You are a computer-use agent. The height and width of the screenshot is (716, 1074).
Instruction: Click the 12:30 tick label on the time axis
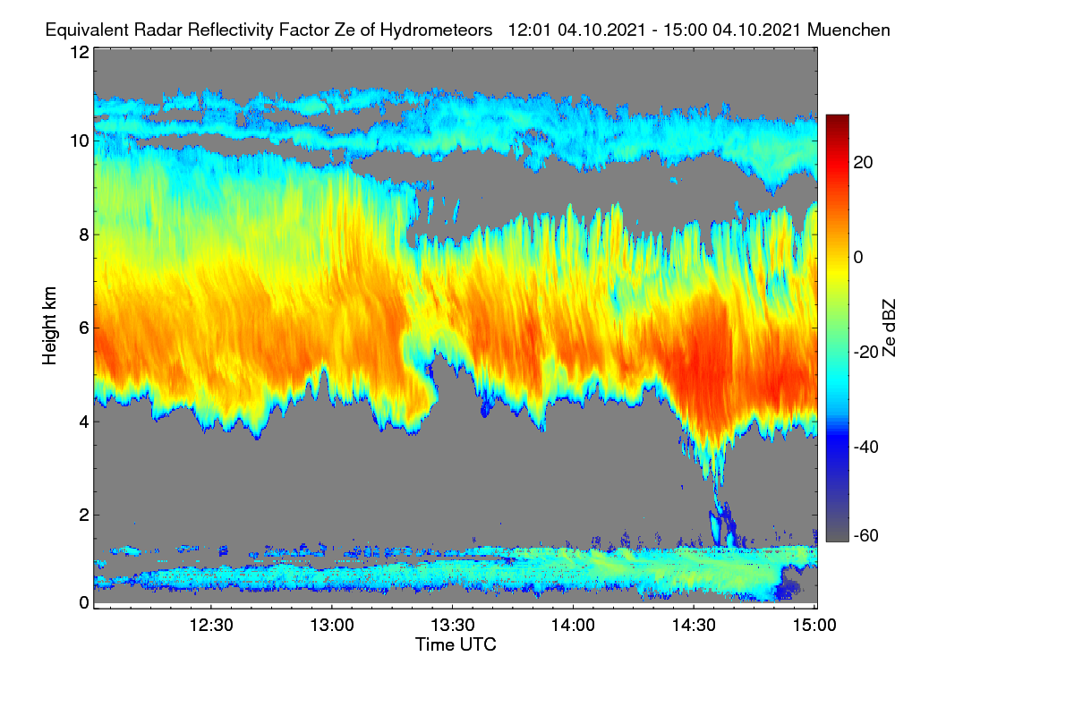[211, 625]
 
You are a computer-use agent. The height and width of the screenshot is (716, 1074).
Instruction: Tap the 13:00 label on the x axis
[332, 625]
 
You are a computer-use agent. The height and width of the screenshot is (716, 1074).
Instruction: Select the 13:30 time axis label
[453, 625]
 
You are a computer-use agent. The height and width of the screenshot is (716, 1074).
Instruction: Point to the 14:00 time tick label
[573, 625]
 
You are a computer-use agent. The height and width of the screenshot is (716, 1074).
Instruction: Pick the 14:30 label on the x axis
[694, 625]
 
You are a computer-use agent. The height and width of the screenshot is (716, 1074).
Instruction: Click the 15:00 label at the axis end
[814, 625]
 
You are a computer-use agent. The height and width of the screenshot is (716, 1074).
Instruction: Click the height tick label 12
[80, 52]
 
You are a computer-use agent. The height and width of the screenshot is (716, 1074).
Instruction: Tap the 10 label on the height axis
[80, 141]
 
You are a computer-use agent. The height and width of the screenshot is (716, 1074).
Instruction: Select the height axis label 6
[84, 328]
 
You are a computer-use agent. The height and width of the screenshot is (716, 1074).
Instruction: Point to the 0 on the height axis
[84, 602]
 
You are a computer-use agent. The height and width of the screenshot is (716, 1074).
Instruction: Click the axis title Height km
[49, 326]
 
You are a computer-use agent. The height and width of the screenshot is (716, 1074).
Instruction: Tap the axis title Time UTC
[456, 644]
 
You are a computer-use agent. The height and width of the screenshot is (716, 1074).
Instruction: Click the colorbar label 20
[863, 163]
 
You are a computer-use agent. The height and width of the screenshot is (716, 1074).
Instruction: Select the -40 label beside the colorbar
[865, 447]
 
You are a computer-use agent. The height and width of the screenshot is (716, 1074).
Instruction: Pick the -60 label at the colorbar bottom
[865, 535]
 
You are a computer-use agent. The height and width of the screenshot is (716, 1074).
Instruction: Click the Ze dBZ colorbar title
[889, 328]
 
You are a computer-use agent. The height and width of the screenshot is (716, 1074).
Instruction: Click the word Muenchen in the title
[848, 30]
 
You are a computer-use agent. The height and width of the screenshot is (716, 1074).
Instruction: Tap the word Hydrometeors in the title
[437, 30]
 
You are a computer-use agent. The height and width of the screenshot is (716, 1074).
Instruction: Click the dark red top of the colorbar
[837, 119]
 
